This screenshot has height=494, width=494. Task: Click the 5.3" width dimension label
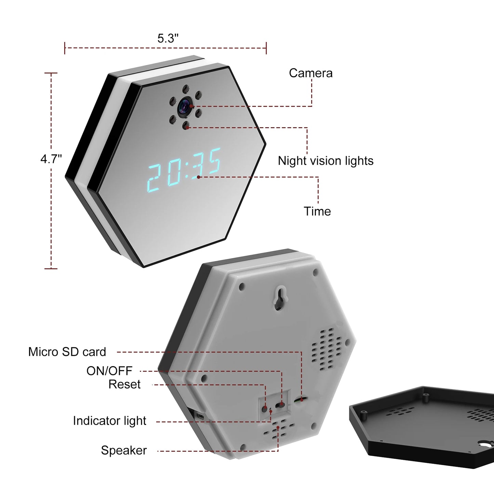coord(168,38)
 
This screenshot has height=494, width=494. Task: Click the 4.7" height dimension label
coord(51,159)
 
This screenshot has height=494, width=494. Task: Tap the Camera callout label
coord(310,73)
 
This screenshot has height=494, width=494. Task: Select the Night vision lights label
coord(325,161)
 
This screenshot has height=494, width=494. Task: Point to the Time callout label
coord(317,211)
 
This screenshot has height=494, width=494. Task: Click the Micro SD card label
coord(67,352)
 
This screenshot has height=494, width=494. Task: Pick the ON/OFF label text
coord(109,371)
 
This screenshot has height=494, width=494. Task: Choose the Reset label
coord(124,384)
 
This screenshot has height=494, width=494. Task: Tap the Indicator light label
coord(109,421)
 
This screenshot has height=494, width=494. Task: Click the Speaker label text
coord(124,450)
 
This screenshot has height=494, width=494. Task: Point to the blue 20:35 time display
coord(184,169)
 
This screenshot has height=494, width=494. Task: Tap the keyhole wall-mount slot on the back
coord(280,297)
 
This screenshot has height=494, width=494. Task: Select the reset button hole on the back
coord(265,408)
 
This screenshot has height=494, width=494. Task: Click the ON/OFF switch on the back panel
coord(282,405)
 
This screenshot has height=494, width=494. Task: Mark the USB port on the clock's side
coord(200,416)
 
